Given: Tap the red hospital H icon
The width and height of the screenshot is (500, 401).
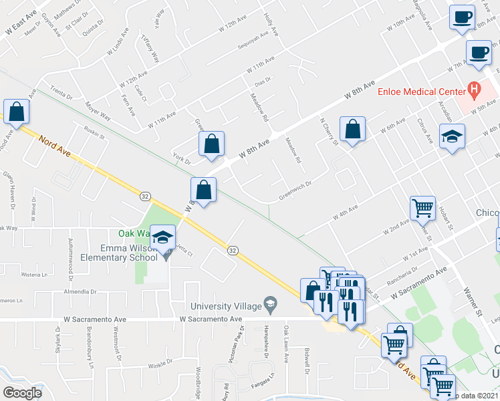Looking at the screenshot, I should click(474, 88).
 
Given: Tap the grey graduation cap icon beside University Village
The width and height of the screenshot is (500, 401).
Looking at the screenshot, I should click(270, 305).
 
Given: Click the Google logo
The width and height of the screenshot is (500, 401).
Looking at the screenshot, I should click(22, 393).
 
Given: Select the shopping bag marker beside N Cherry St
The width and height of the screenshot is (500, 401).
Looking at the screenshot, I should click(352, 130).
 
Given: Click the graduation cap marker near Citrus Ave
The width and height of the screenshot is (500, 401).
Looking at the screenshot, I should click(452, 138).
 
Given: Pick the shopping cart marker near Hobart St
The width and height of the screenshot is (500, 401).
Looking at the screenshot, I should click(422, 208).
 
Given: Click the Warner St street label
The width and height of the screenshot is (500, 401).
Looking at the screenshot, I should click(474, 301).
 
